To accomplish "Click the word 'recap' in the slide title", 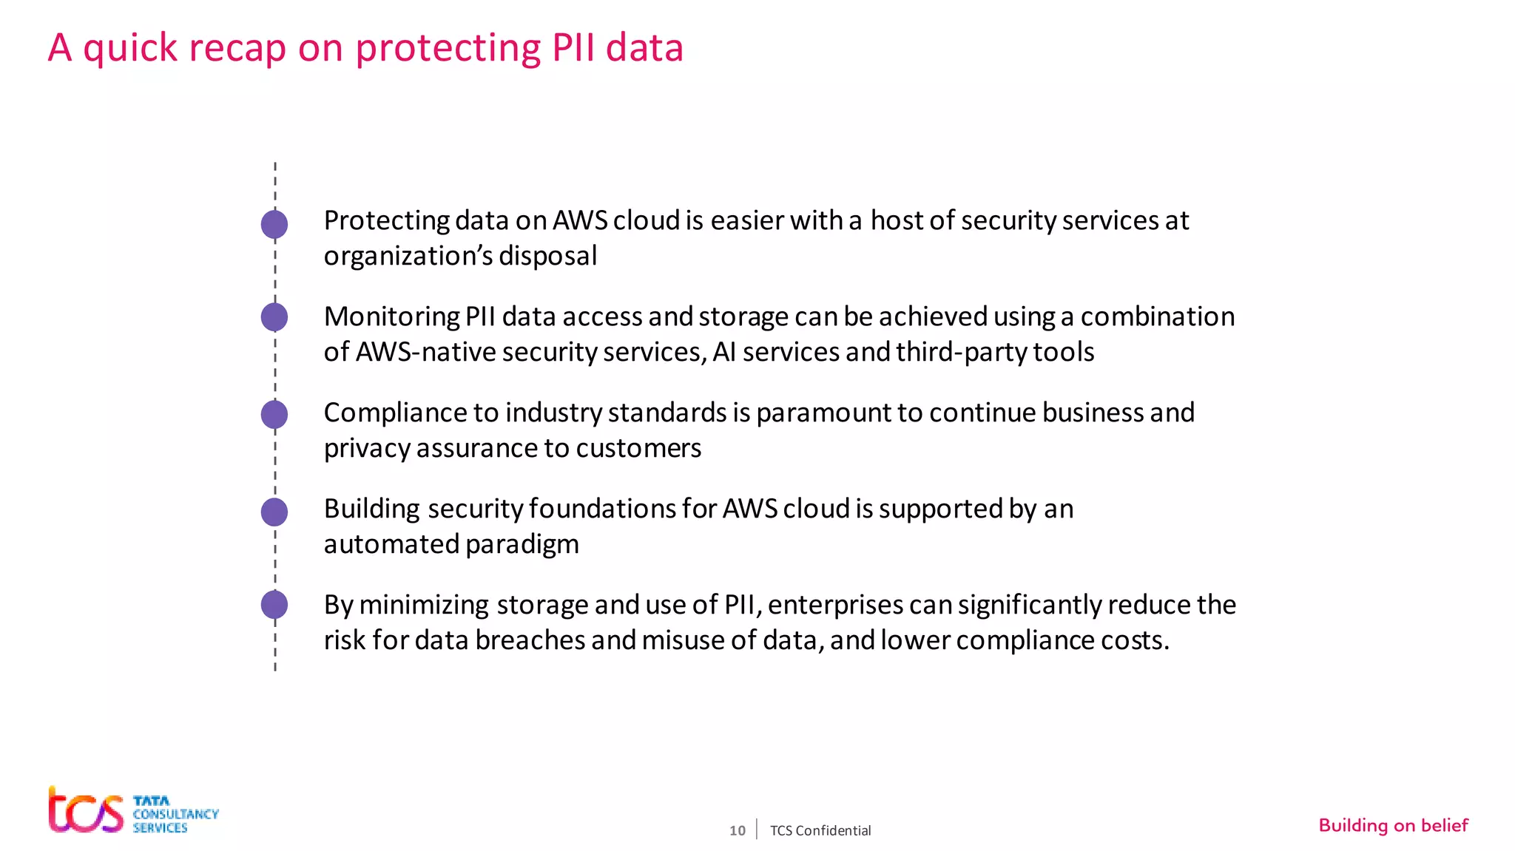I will point(237,48).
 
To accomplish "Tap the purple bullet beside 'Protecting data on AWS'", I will point(274,224).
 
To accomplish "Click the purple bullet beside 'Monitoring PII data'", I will point(274,317).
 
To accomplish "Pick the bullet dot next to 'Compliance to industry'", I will point(274,414).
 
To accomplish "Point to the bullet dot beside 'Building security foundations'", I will point(274,512).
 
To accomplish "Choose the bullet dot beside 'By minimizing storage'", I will point(274,605).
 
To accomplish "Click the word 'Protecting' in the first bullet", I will point(386,220).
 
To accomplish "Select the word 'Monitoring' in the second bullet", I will point(391,316).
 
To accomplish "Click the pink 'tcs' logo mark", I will point(86,811).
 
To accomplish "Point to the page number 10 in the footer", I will point(737,830).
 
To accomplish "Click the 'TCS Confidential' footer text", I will point(820,830).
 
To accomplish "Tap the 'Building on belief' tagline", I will point(1393,825).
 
